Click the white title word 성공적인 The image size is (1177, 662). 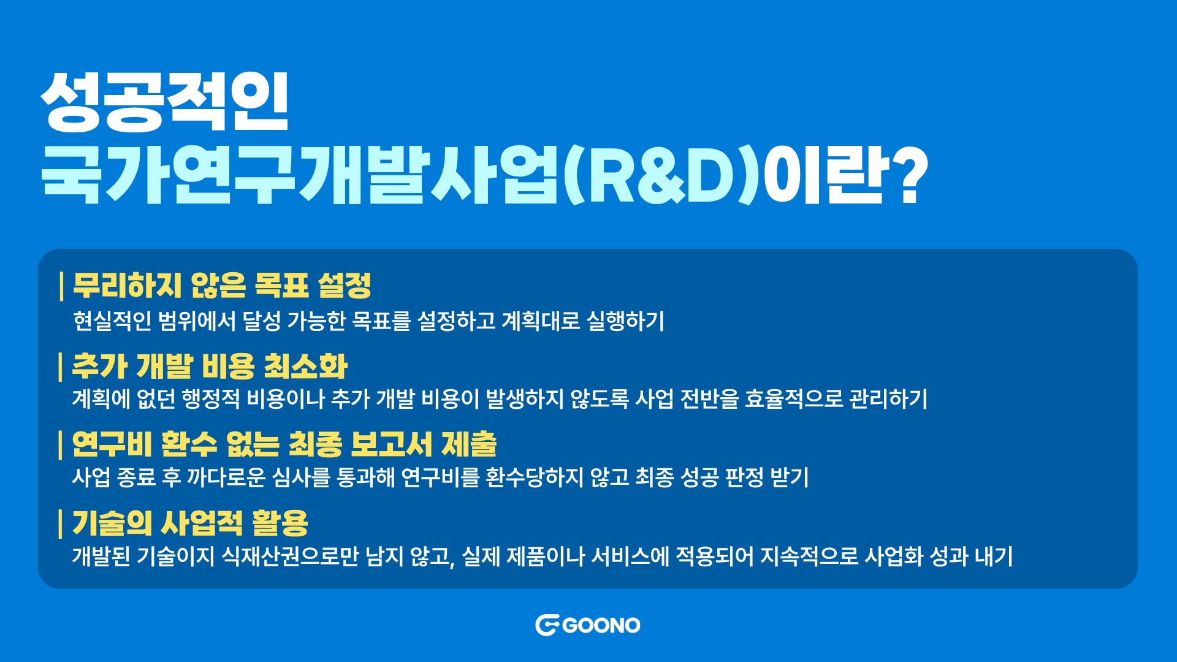coord(164,102)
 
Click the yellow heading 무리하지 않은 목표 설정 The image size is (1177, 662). coord(222,286)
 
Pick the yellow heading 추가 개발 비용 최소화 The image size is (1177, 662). coord(210,366)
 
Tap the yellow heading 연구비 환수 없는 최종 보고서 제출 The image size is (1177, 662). coord(284,444)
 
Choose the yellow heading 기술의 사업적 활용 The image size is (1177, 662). coord(190,523)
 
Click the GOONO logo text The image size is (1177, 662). coord(601,625)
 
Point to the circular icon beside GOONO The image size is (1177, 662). coord(547,625)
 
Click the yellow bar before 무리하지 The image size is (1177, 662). coord(61,286)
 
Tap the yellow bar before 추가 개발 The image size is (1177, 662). coord(61,366)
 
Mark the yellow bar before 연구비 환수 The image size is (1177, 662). coord(61,444)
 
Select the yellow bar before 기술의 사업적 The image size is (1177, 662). coord(61,523)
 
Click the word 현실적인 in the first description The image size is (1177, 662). coord(112,321)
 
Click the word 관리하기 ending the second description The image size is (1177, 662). coord(889,399)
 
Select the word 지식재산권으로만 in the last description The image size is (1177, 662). coord(290,556)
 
